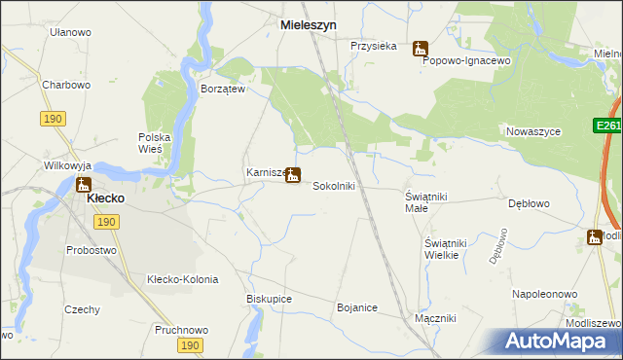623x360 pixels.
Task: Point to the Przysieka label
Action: point(374,45)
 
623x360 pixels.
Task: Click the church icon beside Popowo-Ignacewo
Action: point(420,48)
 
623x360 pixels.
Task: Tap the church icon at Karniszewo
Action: point(293,175)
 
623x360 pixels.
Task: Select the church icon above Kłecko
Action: point(83,184)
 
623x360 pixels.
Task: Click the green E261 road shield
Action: point(607,126)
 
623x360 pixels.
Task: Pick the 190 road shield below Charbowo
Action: point(54,118)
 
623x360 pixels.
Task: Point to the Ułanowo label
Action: point(70,32)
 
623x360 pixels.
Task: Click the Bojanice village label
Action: point(356,307)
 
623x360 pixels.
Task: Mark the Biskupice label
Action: point(270,299)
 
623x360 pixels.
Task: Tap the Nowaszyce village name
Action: point(531,130)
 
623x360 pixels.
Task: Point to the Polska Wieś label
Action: point(155,143)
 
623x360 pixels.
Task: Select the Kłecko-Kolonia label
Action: point(182,279)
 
